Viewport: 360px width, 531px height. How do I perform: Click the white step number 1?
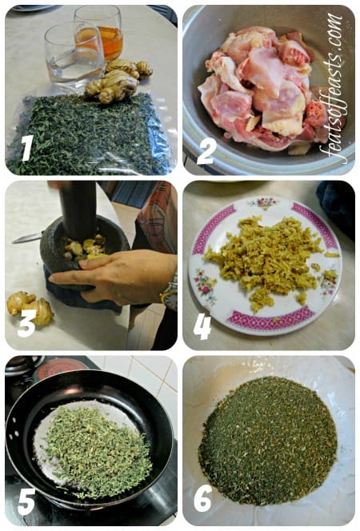click(27, 148)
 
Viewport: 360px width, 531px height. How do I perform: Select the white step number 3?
click(26, 324)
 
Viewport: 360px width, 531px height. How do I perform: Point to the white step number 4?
click(202, 326)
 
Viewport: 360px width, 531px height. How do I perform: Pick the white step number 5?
click(26, 502)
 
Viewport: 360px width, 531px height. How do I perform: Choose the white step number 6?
click(203, 498)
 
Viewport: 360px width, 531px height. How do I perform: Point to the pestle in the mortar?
click(78, 210)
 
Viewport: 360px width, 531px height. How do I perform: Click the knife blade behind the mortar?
click(28, 237)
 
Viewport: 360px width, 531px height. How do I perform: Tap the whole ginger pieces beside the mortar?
click(30, 307)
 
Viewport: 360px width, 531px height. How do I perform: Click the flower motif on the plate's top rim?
click(264, 202)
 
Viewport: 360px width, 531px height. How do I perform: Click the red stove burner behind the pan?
click(59, 368)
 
